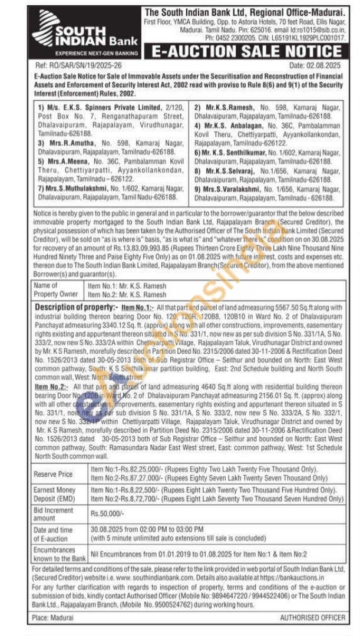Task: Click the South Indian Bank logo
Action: (82, 34)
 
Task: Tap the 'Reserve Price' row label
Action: (54, 474)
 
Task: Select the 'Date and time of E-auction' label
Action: (54, 534)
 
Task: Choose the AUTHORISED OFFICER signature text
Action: (312, 617)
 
